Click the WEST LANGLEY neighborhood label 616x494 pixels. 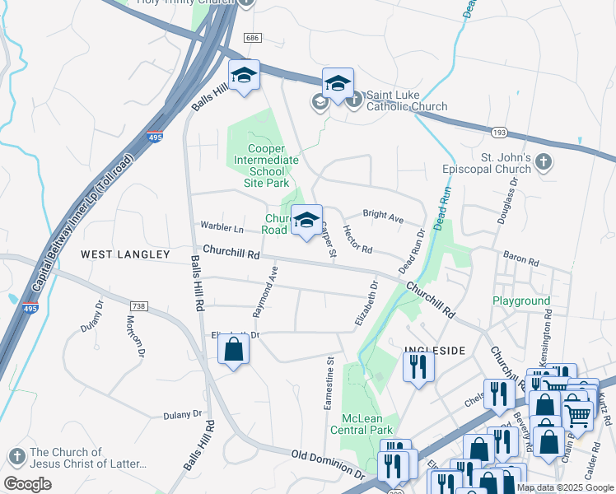(125, 255)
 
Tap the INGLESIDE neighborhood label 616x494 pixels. (435, 351)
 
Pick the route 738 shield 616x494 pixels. (138, 306)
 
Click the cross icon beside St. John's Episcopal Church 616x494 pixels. (543, 162)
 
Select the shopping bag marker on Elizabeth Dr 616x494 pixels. (234, 350)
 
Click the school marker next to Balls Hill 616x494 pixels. (244, 76)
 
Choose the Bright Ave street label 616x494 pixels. (383, 217)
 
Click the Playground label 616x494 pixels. (521, 301)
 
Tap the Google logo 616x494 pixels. (27, 483)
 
